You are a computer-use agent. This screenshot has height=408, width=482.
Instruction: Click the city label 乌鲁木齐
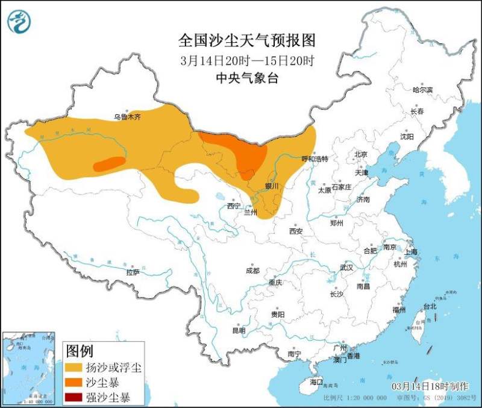[127, 118]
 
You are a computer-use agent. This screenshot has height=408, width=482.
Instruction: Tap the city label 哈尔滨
[422, 90]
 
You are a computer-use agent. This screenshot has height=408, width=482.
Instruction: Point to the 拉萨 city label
[133, 272]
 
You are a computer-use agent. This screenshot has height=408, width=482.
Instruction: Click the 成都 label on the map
[252, 271]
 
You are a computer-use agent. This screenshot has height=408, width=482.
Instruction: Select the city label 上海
[412, 252]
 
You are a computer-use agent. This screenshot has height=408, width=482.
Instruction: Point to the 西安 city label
[295, 231]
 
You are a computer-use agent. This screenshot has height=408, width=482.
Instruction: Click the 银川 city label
[272, 186]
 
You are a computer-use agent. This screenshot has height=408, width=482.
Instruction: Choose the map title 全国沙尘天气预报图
[247, 40]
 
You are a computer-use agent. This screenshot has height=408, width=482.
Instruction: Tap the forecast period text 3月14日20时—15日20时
[247, 61]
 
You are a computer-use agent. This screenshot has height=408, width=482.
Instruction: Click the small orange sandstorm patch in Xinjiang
[109, 163]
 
